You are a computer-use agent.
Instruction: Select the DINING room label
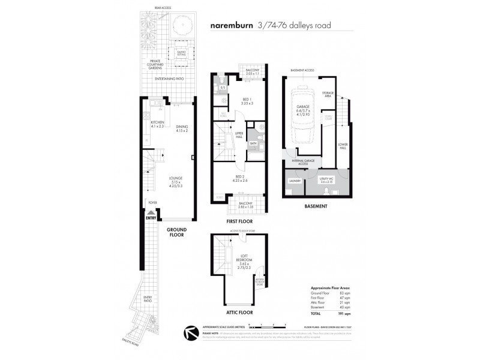[182, 127]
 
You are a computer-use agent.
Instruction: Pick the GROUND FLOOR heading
[176, 232]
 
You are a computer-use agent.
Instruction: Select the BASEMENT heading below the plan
[315, 206]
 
